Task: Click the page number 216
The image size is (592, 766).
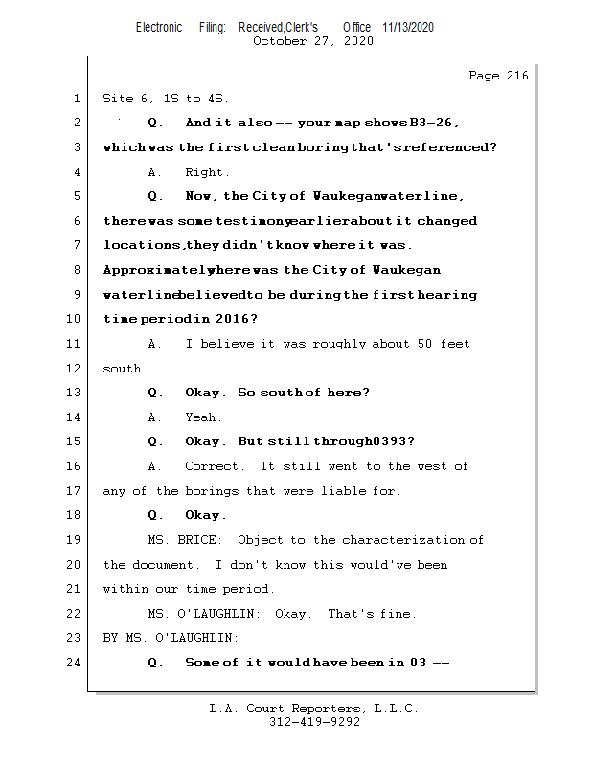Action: tap(517, 76)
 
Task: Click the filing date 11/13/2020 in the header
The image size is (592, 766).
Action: tap(408, 28)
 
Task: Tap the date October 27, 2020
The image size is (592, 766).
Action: tap(313, 41)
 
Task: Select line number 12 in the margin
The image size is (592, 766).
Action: tap(73, 368)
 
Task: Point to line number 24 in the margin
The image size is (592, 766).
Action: tap(73, 662)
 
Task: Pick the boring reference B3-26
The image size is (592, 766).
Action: tap(431, 123)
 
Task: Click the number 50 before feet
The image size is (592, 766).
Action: tap(424, 344)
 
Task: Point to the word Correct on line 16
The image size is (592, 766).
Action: tap(211, 466)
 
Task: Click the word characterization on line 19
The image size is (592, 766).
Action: tap(403, 540)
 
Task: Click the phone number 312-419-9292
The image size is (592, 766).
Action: tap(314, 722)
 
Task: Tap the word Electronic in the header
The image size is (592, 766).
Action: tap(159, 28)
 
